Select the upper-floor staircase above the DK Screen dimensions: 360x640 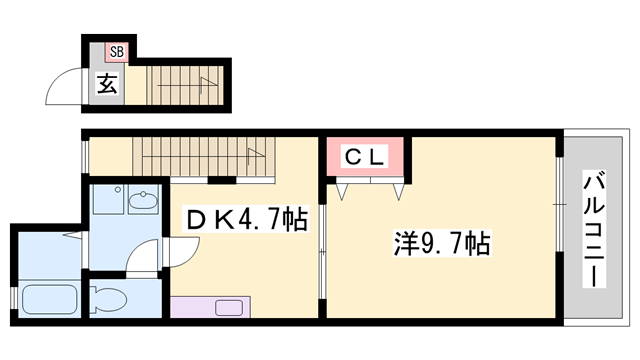click(x=199, y=157)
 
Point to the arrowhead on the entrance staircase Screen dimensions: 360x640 click(x=211, y=82)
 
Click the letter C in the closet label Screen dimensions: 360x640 click(x=353, y=156)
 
